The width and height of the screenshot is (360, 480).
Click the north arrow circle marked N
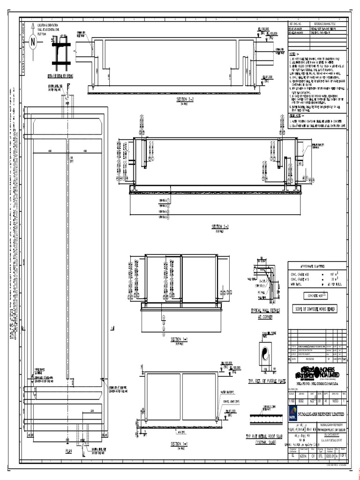(33, 43)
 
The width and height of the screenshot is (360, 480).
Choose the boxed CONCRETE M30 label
(317, 296)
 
